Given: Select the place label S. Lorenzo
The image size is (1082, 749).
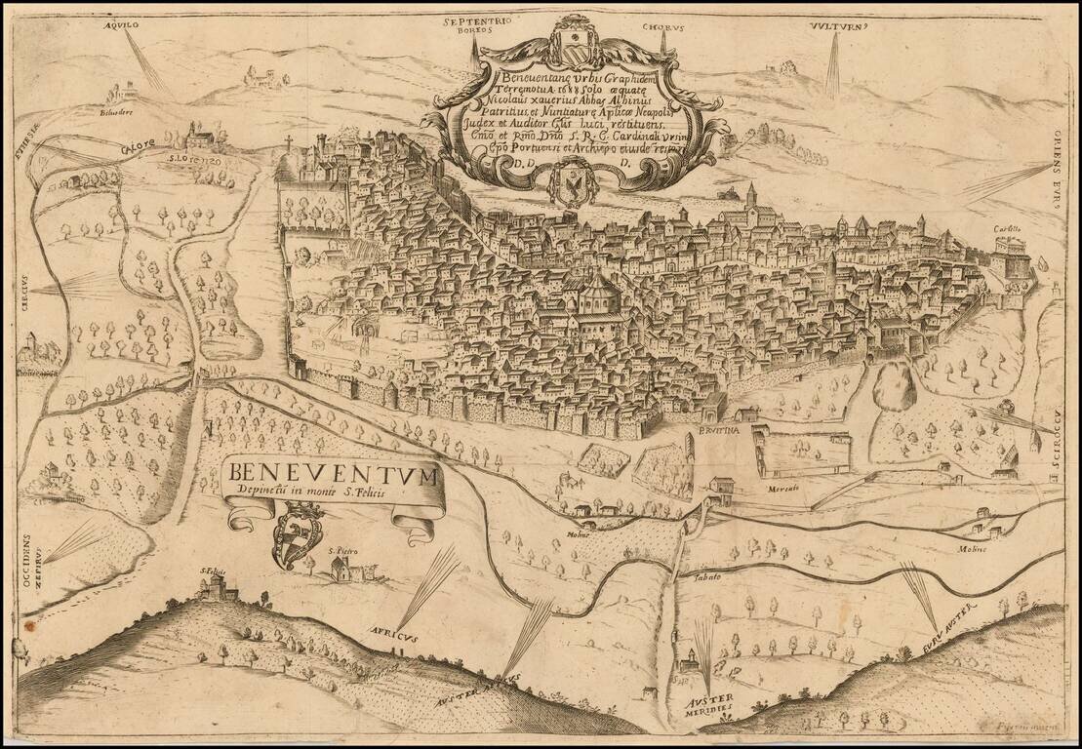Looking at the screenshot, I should (x=191, y=156).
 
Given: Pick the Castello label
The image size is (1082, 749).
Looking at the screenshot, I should (x=1008, y=230).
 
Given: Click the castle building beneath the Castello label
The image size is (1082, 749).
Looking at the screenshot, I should (x=1011, y=257).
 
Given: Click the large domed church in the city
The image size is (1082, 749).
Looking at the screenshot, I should (x=596, y=295).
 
